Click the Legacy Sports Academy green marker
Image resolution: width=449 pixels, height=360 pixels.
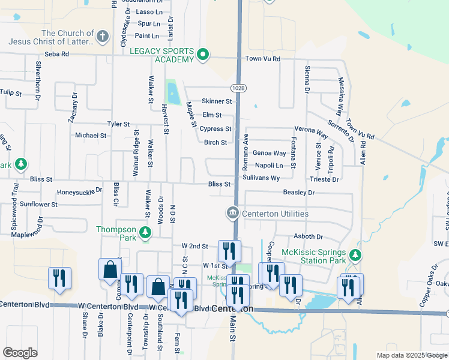point(203,55)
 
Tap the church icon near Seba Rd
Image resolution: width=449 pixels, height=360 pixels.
point(103,37)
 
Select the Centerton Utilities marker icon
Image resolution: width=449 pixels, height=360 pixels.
point(232,213)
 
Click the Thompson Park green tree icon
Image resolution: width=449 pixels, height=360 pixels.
point(145,232)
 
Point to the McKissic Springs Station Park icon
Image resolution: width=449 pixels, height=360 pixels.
point(355,256)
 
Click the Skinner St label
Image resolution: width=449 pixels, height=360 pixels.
point(217,101)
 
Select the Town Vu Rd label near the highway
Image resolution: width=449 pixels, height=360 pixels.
point(263,59)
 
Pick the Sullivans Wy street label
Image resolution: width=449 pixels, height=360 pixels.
point(261,178)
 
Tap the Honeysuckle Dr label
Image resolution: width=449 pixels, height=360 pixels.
point(80,193)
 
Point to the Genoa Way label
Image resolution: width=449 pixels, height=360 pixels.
point(269,153)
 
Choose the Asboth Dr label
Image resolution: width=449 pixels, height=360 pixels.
point(308,237)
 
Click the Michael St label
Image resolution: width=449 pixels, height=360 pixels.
point(91,136)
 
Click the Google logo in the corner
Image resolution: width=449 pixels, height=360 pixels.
point(20,353)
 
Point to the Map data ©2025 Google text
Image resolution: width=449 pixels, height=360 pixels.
point(411,355)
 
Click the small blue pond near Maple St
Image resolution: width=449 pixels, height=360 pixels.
point(173,93)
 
